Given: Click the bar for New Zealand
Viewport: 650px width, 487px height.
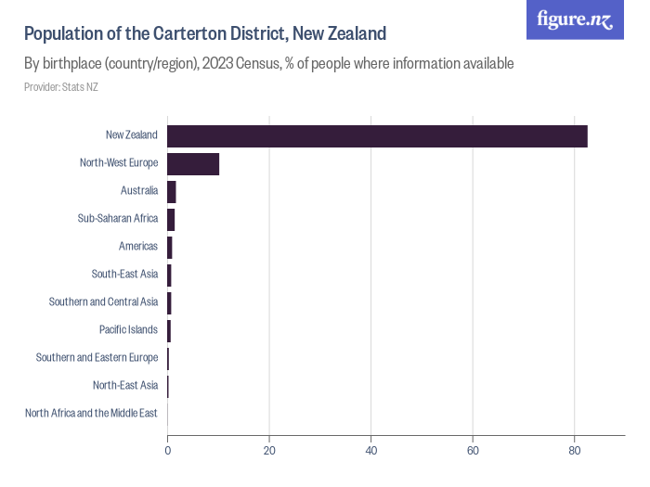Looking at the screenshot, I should pyautogui.click(x=377, y=135).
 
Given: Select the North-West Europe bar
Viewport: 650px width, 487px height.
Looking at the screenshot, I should pyautogui.click(x=193, y=163).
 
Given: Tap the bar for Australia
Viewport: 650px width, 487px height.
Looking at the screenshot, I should pyautogui.click(x=172, y=191).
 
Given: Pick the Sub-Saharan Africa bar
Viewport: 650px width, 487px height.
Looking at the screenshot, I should pyautogui.click(x=171, y=219).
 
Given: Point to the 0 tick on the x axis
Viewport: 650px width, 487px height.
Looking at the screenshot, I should pyautogui.click(x=167, y=451).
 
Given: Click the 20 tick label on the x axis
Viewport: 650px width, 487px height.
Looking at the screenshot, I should pyautogui.click(x=269, y=451).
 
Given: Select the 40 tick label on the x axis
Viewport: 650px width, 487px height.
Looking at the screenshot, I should pyautogui.click(x=370, y=451).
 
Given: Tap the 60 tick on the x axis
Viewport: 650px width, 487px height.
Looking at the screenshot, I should pyautogui.click(x=473, y=451).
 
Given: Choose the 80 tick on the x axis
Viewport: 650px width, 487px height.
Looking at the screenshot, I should pyautogui.click(x=574, y=451).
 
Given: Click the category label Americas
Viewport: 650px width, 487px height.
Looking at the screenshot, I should pyautogui.click(x=138, y=247).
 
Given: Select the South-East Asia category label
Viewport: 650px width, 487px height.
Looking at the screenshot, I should pyautogui.click(x=124, y=275).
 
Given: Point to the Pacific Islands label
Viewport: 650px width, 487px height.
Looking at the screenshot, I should pyautogui.click(x=128, y=329).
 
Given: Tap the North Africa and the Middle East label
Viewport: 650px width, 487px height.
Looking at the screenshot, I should pyautogui.click(x=91, y=413).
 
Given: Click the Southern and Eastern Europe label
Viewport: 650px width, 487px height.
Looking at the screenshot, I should pyautogui.click(x=97, y=357).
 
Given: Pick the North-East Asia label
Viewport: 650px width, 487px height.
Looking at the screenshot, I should pyautogui.click(x=125, y=385).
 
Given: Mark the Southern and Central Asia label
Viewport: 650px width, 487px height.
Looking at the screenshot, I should pyautogui.click(x=103, y=302).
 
